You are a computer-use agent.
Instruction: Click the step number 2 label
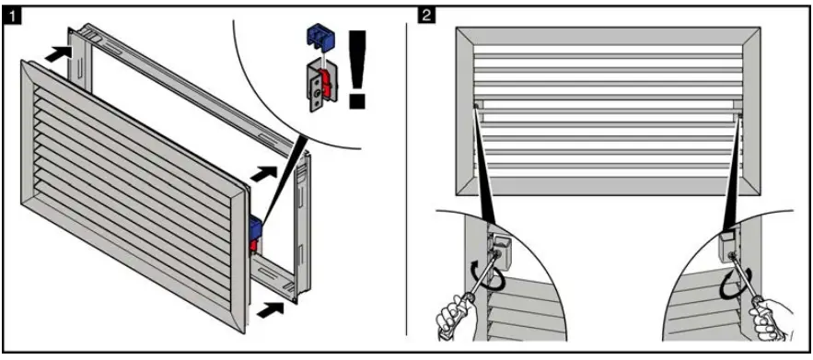coord(426,15)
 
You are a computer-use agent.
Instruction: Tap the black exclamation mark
coord(358,69)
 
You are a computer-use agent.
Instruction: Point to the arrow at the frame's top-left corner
coord(58,54)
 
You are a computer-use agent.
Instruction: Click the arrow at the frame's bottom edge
coord(270,311)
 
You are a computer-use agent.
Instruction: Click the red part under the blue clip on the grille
coord(254,245)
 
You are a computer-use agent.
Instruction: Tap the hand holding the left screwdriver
coord(455,317)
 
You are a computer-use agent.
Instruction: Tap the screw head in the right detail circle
coord(733,255)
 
